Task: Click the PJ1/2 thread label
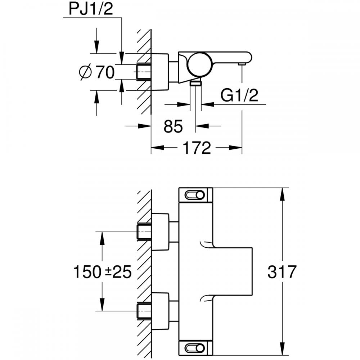click(x=91, y=10)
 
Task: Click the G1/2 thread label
click(x=240, y=96)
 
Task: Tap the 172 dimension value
click(x=196, y=148)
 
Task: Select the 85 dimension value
click(x=173, y=126)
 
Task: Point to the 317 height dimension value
click(x=282, y=272)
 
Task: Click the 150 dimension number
click(x=86, y=272)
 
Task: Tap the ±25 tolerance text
click(x=116, y=272)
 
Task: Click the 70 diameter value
click(x=105, y=73)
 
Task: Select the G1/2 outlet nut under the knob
click(x=195, y=83)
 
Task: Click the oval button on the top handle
click(x=194, y=195)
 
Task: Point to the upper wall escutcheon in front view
click(x=160, y=232)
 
